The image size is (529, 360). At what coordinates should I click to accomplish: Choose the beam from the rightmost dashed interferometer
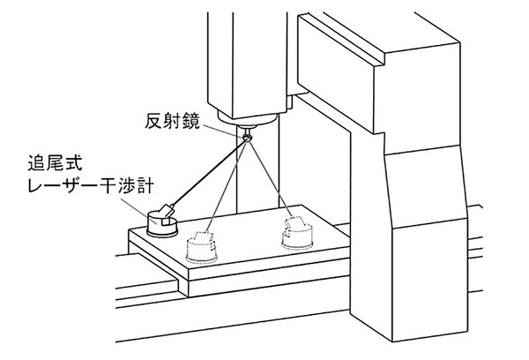pyautogui.click(x=268, y=176)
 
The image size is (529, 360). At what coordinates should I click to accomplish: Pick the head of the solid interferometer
pyautogui.click(x=162, y=214)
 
